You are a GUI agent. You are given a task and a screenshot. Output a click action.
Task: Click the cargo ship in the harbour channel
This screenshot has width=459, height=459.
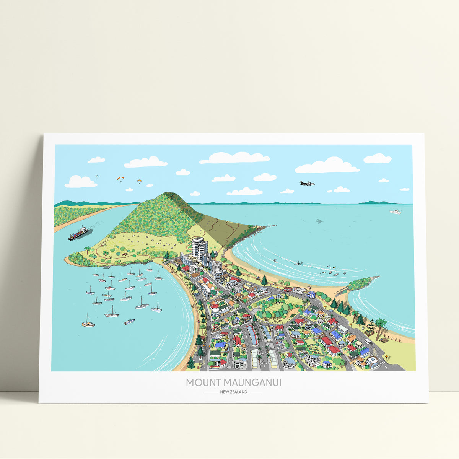[78, 233]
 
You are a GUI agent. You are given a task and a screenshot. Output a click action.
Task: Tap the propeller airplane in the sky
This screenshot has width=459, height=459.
[307, 184]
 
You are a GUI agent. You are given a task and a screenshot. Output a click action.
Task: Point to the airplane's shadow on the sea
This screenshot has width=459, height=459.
[319, 221]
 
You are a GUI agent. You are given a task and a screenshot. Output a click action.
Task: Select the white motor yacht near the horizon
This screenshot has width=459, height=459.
[395, 212]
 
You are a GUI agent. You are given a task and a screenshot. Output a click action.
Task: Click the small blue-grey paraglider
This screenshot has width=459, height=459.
[97, 176]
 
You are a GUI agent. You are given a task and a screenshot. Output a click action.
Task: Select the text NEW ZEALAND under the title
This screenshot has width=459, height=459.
[233, 392]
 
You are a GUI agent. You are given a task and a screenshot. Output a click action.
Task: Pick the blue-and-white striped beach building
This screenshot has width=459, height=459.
[311, 295]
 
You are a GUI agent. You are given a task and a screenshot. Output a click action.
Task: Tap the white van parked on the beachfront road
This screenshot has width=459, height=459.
[368, 342]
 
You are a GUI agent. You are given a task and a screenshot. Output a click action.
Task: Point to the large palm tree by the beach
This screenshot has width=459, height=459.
[381, 325]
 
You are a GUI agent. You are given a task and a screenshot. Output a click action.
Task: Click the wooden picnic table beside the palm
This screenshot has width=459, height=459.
[384, 339]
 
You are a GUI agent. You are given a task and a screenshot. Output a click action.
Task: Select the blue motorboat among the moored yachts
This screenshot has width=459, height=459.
[129, 322]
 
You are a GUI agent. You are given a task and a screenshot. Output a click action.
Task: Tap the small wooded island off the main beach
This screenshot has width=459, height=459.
[361, 283]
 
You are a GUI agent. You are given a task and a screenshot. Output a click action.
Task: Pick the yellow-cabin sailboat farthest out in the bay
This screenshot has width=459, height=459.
[88, 324]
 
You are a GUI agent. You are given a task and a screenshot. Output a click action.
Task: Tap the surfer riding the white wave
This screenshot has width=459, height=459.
[298, 263]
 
